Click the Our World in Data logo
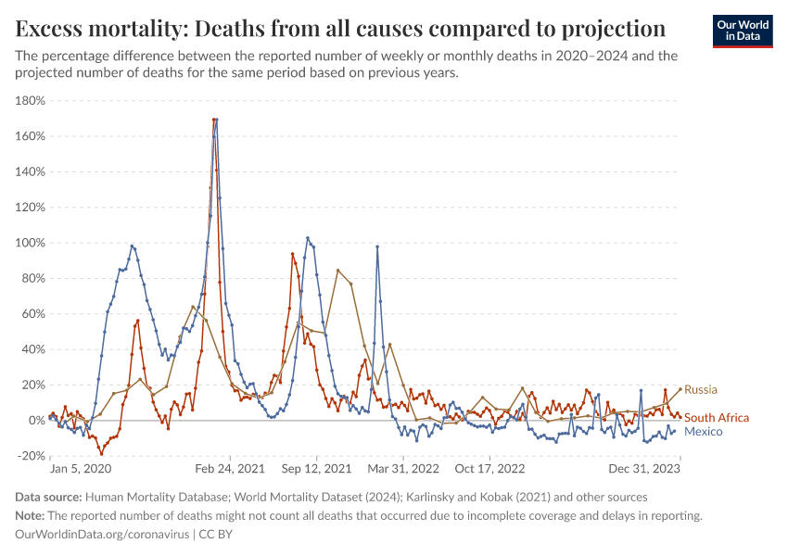(742, 31)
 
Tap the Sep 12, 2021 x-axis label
(317, 470)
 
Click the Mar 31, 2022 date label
(402, 470)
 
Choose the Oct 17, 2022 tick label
(489, 470)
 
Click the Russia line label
(701, 389)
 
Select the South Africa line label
(716, 418)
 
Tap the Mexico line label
(704, 432)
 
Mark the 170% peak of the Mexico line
(214, 120)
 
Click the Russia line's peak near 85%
(337, 270)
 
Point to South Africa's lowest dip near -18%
(101, 453)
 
